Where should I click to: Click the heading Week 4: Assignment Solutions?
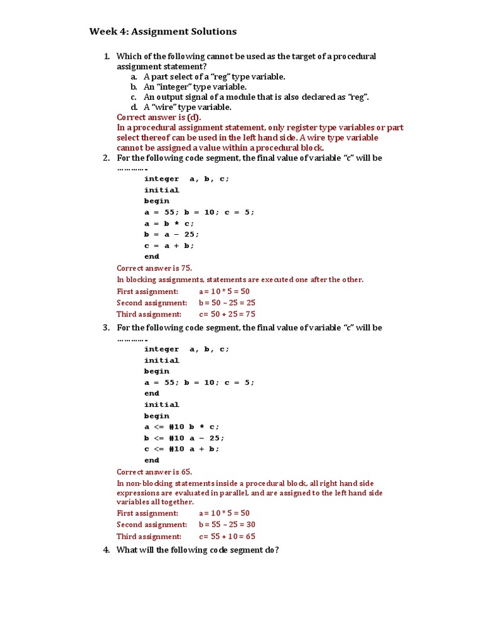pyautogui.click(x=163, y=31)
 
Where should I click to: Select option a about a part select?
pyautogui.click(x=214, y=77)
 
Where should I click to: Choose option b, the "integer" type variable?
pyautogui.click(x=195, y=87)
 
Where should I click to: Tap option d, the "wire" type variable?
pyautogui.click(x=188, y=107)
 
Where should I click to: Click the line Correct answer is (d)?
pyautogui.click(x=159, y=117)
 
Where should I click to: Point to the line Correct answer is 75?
pyautogui.click(x=154, y=268)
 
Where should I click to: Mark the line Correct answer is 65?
pyautogui.click(x=154, y=472)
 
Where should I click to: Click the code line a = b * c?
pyautogui.click(x=169, y=224)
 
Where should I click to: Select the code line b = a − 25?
pyautogui.click(x=172, y=234)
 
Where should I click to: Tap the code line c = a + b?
pyautogui.click(x=169, y=246)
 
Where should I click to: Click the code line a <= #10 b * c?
pyautogui.click(x=182, y=427)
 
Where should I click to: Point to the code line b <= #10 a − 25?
pyautogui.click(x=185, y=438)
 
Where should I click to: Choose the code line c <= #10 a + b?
pyautogui.click(x=182, y=449)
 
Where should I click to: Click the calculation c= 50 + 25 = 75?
pyautogui.click(x=227, y=314)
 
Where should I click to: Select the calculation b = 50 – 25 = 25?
pyautogui.click(x=227, y=303)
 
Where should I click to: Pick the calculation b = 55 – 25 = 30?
pyautogui.click(x=227, y=524)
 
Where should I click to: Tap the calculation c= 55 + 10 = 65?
pyautogui.click(x=227, y=536)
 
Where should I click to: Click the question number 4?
pyautogui.click(x=106, y=550)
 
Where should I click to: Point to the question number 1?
pyautogui.click(x=106, y=57)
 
